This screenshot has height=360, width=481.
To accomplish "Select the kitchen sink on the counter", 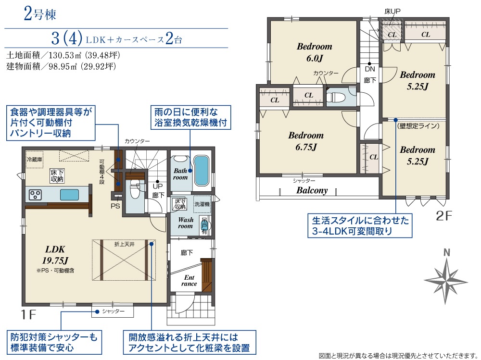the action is coord(69,195).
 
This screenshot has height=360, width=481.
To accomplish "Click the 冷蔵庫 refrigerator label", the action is coord(35,160).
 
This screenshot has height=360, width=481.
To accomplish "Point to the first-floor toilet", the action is coord(134,189).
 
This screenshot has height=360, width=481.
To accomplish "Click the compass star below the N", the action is coord(446,281).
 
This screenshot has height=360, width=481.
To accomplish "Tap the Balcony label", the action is coord(312,190).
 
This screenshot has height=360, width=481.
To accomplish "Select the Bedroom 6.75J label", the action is coord(306,141).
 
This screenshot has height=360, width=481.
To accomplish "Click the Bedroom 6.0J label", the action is coord(315,52).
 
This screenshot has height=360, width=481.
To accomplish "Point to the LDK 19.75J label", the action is coord(55,255).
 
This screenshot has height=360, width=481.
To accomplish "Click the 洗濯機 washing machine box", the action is coord(202,204).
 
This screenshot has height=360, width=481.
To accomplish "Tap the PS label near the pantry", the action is coord(115,206).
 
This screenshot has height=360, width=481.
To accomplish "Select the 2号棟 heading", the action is coord(40,14).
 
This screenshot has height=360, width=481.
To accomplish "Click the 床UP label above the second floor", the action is coord(392,12).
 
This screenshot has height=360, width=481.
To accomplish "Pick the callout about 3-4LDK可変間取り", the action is coord(360,226).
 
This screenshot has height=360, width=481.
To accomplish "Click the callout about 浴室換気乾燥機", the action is coord(190,117).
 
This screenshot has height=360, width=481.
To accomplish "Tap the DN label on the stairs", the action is coord(370,69).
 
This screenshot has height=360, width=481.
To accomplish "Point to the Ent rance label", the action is coord(189,281).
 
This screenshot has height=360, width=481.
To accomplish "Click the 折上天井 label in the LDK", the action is coord(124,244).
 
